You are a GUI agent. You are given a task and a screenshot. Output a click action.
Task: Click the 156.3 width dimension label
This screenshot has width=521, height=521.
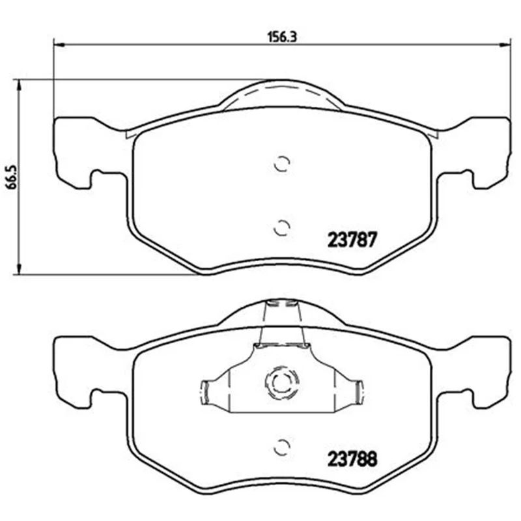282,36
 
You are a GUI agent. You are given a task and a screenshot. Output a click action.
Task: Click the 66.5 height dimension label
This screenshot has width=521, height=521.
12,177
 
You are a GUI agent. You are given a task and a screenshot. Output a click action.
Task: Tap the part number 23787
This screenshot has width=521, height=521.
352,240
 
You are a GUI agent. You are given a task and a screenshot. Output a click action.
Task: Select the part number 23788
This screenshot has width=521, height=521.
352,459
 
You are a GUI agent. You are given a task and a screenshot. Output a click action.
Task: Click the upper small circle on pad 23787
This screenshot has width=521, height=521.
282,163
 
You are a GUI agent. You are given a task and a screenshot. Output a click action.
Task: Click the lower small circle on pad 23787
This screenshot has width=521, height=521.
282,227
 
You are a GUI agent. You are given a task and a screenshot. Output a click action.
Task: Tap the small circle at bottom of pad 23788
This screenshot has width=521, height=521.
282,447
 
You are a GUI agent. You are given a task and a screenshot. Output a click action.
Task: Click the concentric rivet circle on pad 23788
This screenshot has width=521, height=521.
282,382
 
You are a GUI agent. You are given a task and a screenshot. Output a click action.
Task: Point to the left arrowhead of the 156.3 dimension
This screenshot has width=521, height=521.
59,44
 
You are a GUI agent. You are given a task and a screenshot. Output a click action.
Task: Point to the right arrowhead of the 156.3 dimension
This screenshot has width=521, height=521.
504,44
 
